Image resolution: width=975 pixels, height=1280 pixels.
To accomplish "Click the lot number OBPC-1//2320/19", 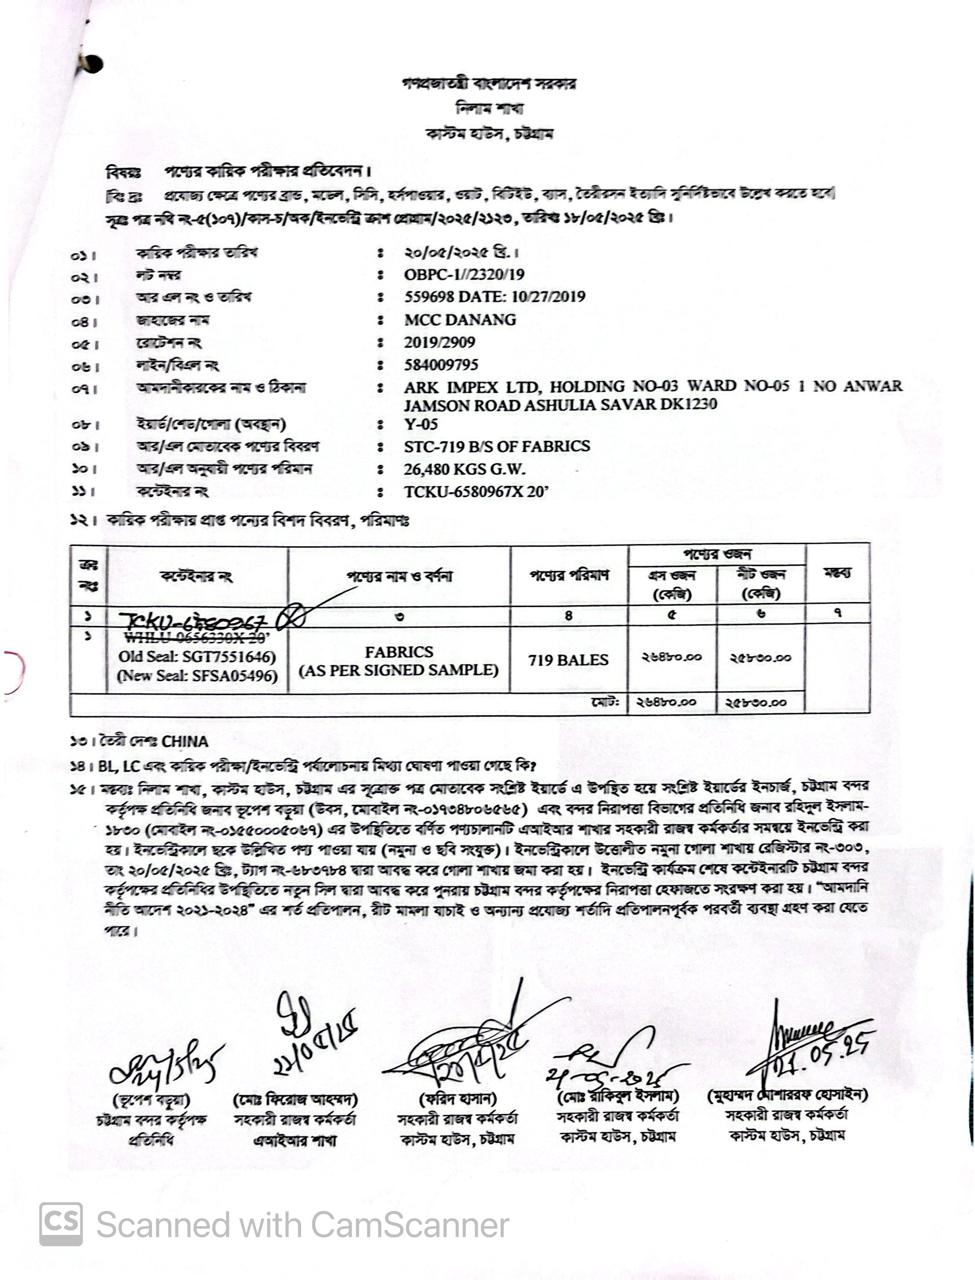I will click(464, 275).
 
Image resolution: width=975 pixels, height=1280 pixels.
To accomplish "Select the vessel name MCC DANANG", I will click(460, 320).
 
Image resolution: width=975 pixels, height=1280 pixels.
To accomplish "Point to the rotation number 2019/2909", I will click(440, 343).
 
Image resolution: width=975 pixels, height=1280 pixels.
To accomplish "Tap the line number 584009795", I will click(441, 365).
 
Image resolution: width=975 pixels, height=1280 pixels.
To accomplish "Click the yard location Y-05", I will click(421, 425).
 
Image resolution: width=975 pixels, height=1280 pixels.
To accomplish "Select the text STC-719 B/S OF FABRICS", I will click(497, 447).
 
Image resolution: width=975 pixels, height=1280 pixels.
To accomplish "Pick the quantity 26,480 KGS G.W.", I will click(465, 469).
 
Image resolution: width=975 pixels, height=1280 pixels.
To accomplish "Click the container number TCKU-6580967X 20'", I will click(477, 491).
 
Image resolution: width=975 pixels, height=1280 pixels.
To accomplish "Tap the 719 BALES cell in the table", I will click(568, 660).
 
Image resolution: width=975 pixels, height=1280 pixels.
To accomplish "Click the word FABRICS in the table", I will click(399, 652).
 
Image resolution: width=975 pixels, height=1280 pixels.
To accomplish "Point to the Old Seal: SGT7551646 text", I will click(197, 657).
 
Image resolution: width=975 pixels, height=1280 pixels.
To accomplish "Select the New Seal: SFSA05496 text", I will click(197, 676).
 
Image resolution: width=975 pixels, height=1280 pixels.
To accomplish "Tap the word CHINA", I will click(184, 742).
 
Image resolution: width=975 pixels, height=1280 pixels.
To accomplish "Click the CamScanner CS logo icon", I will click(61, 1224).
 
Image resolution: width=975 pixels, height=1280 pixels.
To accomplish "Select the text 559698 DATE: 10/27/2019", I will click(495, 297).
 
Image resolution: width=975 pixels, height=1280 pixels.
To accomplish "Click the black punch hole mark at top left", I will click(91, 64).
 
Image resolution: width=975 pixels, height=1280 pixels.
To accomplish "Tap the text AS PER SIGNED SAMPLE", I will click(399, 671).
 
